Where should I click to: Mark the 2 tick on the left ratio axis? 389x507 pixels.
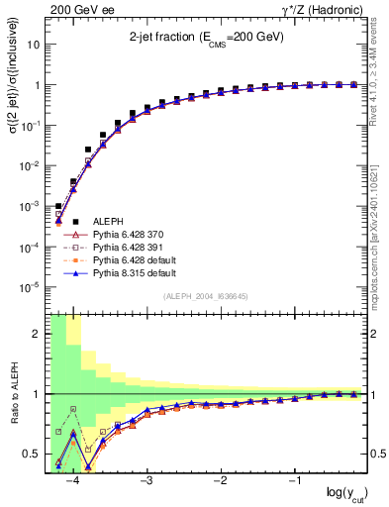(x=38, y=334)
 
